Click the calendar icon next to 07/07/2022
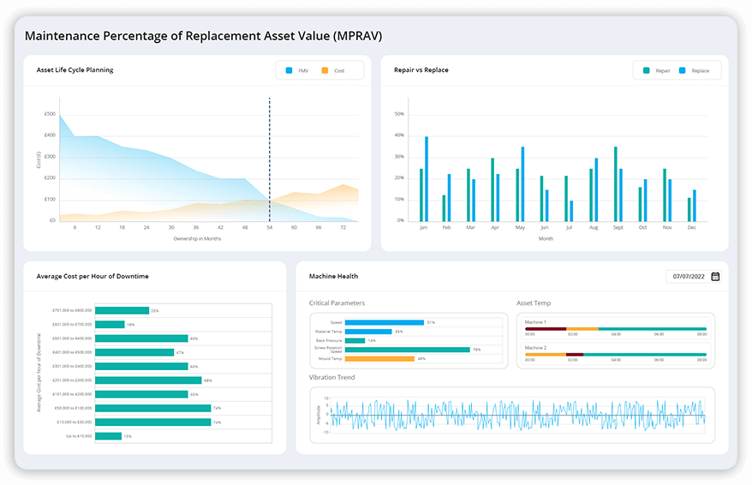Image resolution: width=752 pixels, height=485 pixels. [x=715, y=276]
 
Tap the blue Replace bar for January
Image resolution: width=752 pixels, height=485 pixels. [x=427, y=178]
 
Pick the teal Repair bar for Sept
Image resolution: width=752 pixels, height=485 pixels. [x=615, y=183]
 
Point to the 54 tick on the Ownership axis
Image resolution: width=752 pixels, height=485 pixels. [x=270, y=228]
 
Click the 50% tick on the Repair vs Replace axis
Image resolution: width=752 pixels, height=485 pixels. [x=398, y=113]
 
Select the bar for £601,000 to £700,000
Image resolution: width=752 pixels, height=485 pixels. [x=110, y=325]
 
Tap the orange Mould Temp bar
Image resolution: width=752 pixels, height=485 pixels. [x=379, y=359]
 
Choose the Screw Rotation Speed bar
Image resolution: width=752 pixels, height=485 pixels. [x=407, y=350]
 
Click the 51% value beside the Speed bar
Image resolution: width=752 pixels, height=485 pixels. [x=431, y=322]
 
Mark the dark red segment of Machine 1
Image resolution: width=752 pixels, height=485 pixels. [x=546, y=328]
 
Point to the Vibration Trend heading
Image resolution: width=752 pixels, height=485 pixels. [x=332, y=377]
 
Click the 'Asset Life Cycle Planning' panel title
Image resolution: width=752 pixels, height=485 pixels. [x=75, y=70]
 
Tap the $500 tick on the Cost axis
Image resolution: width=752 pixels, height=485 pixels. [x=50, y=114]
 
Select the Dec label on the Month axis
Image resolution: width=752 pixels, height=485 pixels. [x=692, y=228]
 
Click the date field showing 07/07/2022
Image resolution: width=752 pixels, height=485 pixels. [x=688, y=276]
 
